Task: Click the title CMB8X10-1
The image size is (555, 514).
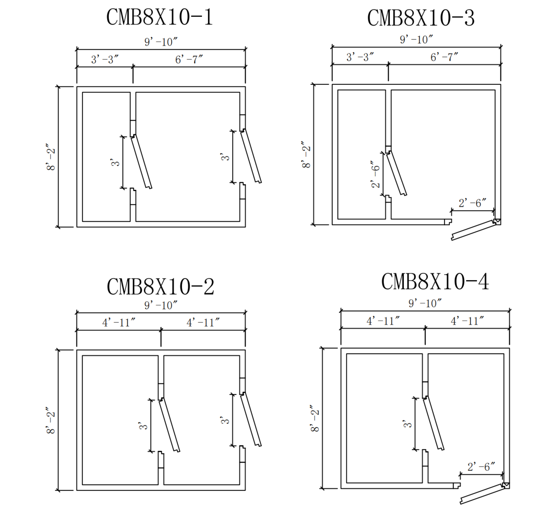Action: pos(159,17)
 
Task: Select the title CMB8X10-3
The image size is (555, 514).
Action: pos(420,18)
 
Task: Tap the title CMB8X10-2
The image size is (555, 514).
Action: pos(160,287)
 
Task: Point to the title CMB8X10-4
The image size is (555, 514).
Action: pos(435,282)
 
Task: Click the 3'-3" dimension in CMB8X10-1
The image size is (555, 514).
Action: pos(105,59)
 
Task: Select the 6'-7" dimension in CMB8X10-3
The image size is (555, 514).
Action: pos(444,57)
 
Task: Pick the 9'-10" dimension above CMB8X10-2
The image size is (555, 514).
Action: pos(160,305)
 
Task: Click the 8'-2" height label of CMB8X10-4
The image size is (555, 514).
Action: pos(315,418)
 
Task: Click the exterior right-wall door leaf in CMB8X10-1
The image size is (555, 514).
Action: pos(251,156)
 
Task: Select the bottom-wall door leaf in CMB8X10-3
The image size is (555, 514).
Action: pos(473,230)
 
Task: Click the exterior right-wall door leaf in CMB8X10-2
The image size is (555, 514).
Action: pos(251,419)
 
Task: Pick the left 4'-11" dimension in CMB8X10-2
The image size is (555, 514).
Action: pos(119,323)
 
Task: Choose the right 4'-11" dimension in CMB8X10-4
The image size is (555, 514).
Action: pos(467,321)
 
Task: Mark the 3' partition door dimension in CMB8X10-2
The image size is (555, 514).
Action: pos(143,426)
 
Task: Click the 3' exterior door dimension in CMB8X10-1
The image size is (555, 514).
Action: pos(225,157)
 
